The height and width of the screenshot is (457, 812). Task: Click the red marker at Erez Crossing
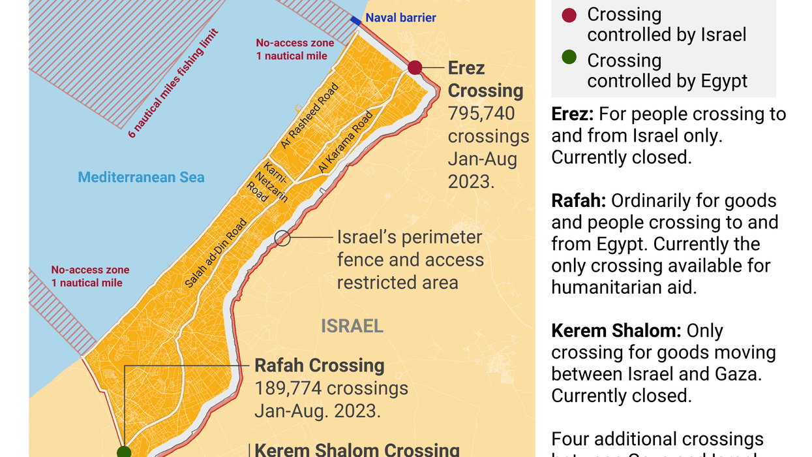pyautogui.click(x=415, y=67)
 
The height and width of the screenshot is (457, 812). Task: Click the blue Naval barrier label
pyautogui.click(x=400, y=18)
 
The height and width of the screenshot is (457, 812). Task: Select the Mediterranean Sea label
pyautogui.click(x=141, y=177)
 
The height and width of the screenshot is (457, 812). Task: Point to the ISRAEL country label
pyautogui.click(x=352, y=326)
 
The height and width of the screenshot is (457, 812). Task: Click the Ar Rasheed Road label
pyautogui.click(x=310, y=116)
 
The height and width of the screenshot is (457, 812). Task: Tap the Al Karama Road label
pyautogui.click(x=346, y=142)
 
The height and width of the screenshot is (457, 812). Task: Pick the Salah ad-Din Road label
pyautogui.click(x=216, y=253)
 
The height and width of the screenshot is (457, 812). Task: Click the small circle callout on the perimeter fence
pyautogui.click(x=282, y=238)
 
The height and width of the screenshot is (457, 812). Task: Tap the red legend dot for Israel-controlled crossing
pyautogui.click(x=569, y=14)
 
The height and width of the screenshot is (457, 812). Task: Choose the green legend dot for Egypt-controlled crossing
pyautogui.click(x=569, y=57)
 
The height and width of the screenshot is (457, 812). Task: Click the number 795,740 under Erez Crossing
pyautogui.click(x=481, y=114)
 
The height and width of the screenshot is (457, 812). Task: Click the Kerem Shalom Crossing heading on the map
pyautogui.click(x=357, y=449)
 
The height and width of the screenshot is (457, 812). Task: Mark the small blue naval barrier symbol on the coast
pyautogui.click(x=355, y=22)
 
